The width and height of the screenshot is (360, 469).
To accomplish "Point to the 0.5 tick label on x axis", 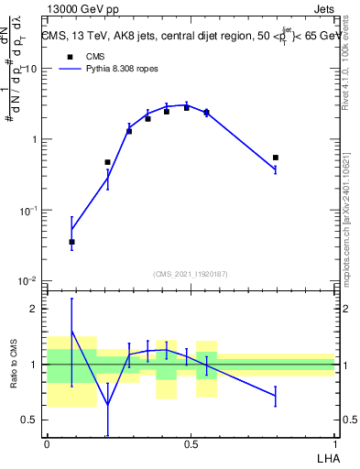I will click(x=190, y=443).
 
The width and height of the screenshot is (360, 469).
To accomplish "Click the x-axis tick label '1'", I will click(x=334, y=443).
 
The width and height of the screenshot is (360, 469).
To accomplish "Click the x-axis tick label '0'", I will click(x=46, y=443).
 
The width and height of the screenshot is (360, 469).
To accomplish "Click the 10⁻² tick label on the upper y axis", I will click(x=29, y=280).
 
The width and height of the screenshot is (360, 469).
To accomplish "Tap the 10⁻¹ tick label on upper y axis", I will click(x=29, y=210).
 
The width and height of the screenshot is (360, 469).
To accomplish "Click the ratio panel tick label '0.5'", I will click(x=31, y=420).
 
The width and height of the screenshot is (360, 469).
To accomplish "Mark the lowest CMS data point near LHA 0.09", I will click(x=71, y=242).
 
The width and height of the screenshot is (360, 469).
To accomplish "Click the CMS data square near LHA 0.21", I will click(x=107, y=162).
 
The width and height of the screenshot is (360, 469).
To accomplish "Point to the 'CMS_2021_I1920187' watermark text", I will click(x=190, y=273).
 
